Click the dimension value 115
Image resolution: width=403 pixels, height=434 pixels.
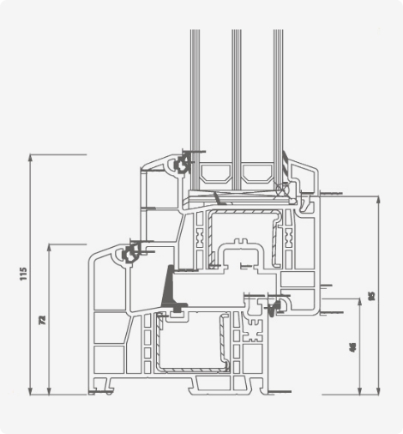(x=24, y=274)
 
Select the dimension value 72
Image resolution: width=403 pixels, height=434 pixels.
(x=42, y=319)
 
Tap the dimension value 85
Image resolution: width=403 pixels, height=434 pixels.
(x=371, y=294)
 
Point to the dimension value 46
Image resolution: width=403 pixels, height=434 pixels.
(x=352, y=347)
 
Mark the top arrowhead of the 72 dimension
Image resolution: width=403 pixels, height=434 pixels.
(x=50, y=245)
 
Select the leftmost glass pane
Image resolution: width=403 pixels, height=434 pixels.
(x=195, y=103)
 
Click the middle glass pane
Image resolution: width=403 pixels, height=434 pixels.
(x=236, y=103)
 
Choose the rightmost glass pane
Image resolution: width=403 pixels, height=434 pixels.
(x=278, y=103)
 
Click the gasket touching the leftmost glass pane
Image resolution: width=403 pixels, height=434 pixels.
(x=182, y=163)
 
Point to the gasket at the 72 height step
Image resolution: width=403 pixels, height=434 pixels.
(x=132, y=252)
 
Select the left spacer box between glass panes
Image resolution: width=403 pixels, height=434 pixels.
(x=215, y=175)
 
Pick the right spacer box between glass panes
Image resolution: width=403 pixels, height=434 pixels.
(x=257, y=175)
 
